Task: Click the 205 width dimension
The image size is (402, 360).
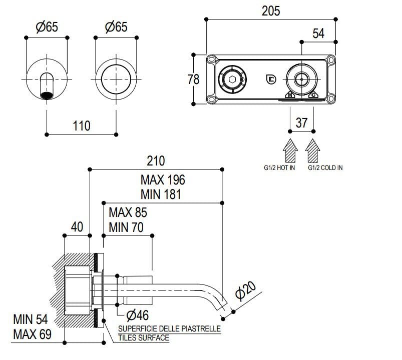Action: (x=271, y=10)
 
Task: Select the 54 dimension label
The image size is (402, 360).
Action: (x=318, y=33)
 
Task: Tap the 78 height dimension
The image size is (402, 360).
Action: (x=193, y=79)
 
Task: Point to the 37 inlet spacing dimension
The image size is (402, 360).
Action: (x=301, y=122)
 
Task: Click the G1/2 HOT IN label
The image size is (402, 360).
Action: (x=279, y=168)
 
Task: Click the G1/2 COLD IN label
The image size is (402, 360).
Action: (x=325, y=168)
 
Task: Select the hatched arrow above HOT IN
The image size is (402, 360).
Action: (x=290, y=149)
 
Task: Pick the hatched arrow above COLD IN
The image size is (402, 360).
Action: (x=313, y=149)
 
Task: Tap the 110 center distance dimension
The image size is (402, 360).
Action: (x=82, y=125)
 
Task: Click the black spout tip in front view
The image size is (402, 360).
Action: (x=47, y=94)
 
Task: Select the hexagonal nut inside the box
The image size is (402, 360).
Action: (x=231, y=79)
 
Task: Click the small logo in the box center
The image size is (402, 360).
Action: (x=270, y=79)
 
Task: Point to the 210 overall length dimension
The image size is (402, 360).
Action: (x=156, y=161)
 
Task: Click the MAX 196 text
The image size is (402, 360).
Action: (x=163, y=179)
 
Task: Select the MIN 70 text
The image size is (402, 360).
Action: (x=126, y=227)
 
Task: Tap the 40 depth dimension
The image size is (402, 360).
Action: (x=77, y=226)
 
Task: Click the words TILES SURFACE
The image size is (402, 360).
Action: (x=144, y=338)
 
